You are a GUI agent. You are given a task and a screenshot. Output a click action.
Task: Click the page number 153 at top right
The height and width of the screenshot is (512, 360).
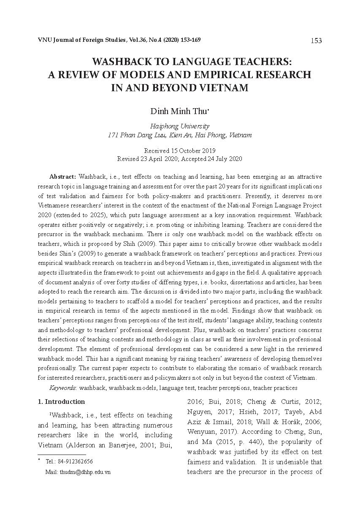tap(316, 41)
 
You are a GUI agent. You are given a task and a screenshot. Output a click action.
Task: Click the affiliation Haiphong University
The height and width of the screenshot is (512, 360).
tap(179, 126)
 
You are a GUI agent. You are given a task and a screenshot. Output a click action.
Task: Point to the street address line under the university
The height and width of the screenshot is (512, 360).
tap(179, 135)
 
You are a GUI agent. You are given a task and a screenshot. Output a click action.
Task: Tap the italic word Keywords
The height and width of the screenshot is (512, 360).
tap(63, 388)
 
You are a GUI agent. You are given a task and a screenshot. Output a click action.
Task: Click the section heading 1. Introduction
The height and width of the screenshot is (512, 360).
tap(62, 402)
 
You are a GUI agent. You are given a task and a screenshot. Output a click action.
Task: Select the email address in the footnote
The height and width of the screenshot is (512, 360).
tap(85, 472)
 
